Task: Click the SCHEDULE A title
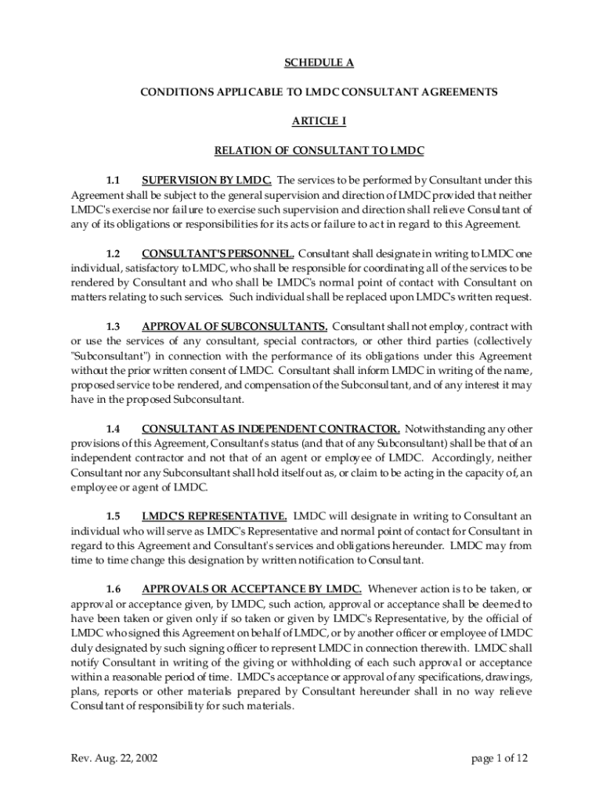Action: coord(319,63)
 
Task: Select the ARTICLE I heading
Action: coord(319,120)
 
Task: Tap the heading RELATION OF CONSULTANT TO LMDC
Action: coord(319,149)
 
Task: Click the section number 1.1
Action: coord(114,179)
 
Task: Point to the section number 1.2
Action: coord(114,253)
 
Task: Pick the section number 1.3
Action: coord(114,326)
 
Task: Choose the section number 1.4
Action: coord(114,429)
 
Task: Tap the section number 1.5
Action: coord(114,516)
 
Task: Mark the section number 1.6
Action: coord(114,589)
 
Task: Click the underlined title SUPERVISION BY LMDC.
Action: coord(207,179)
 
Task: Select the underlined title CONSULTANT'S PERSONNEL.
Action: coord(218,253)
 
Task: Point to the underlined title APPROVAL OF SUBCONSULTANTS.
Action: coord(234,326)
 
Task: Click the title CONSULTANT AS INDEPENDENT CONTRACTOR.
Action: coord(271,429)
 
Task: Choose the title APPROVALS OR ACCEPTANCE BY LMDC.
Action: coord(251,589)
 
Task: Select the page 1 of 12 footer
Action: coord(501,758)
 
